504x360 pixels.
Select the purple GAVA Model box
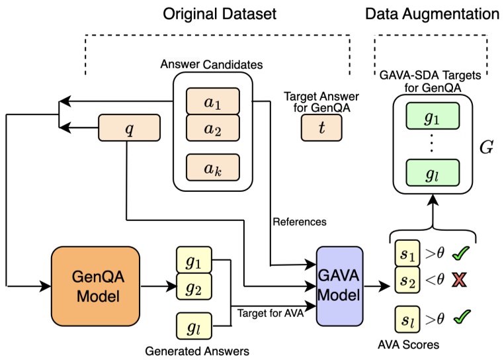point(339,286)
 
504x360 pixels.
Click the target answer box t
point(321,128)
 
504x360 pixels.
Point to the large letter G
point(486,146)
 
